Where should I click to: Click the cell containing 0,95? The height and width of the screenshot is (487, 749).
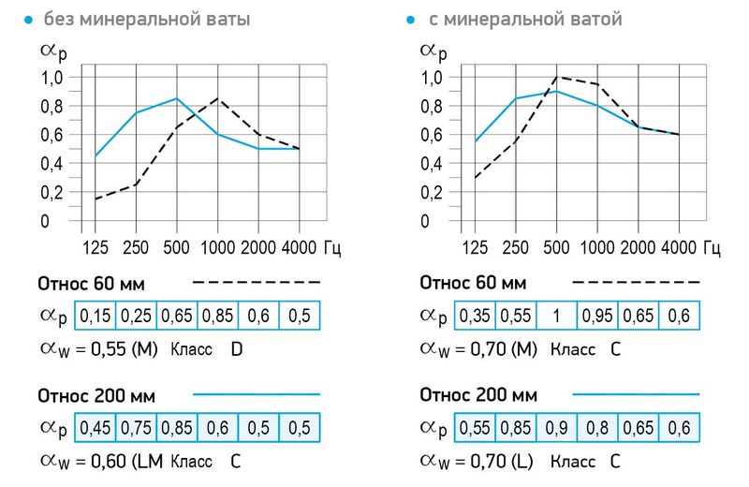597,317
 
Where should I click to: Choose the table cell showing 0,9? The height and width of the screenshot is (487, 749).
556,429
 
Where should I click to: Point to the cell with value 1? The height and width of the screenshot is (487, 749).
556,317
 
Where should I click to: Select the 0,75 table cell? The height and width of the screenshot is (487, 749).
136,429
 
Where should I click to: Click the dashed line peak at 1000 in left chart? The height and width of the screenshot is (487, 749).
218,97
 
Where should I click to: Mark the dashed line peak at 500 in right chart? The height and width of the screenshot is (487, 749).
556,77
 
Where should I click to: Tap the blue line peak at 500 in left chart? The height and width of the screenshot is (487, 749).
177,97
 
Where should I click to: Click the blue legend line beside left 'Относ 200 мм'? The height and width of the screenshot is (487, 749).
257,393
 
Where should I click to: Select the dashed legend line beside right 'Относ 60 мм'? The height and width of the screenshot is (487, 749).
636,281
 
